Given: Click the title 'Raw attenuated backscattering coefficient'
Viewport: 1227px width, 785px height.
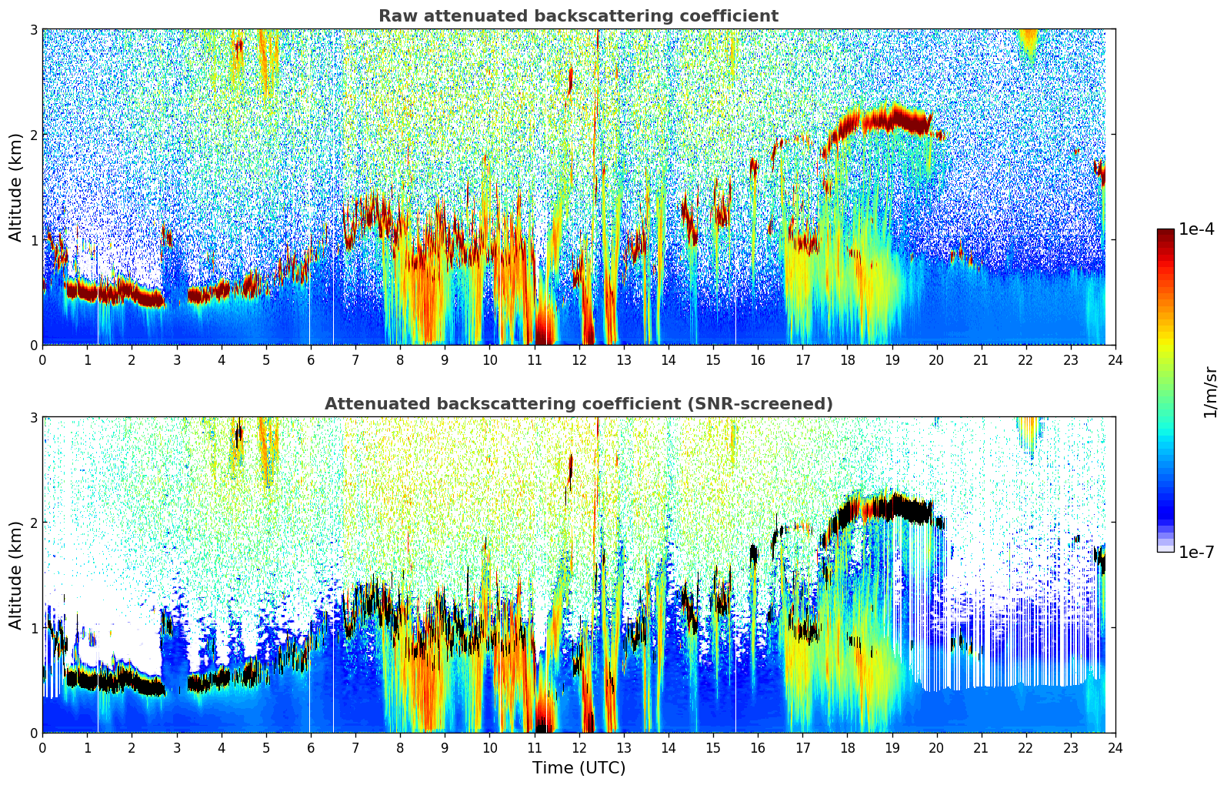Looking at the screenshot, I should (x=578, y=16).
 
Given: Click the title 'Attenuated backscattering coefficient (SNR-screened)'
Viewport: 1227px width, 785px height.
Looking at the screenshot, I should (x=578, y=404).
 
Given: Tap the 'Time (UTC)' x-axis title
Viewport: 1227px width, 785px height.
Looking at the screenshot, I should (x=578, y=767).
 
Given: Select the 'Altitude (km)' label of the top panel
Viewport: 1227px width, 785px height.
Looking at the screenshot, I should (x=16, y=187).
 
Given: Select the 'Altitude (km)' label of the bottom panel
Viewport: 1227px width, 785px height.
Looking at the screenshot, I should (x=16, y=575).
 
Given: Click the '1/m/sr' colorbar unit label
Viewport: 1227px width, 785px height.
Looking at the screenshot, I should (x=1210, y=392).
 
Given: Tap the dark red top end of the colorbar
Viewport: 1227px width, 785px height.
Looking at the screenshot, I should (x=1165, y=233).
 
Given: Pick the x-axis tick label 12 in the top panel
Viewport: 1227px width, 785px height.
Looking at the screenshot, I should (x=578, y=359).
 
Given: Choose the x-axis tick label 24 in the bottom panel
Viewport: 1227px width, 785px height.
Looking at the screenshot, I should (x=1115, y=747).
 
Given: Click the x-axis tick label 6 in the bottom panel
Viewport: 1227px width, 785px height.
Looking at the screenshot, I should (x=311, y=747).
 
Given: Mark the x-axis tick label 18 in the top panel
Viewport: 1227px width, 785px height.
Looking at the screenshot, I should (x=847, y=359).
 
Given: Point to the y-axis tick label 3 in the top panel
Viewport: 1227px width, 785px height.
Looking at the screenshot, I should (x=34, y=29).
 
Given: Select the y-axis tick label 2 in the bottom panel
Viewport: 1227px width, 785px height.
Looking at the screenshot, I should (x=34, y=523).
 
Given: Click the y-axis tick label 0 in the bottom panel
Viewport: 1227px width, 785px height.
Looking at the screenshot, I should (x=34, y=733).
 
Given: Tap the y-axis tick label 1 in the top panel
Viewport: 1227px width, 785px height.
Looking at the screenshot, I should (x=34, y=240).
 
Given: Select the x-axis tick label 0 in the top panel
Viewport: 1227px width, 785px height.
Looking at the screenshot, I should (x=42, y=359).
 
